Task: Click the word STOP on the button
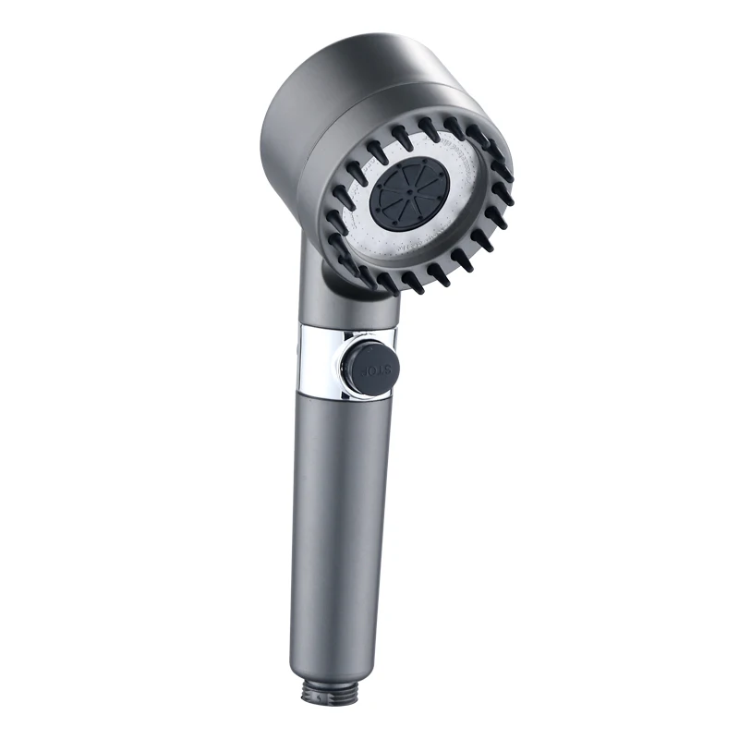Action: [x=375, y=369]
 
